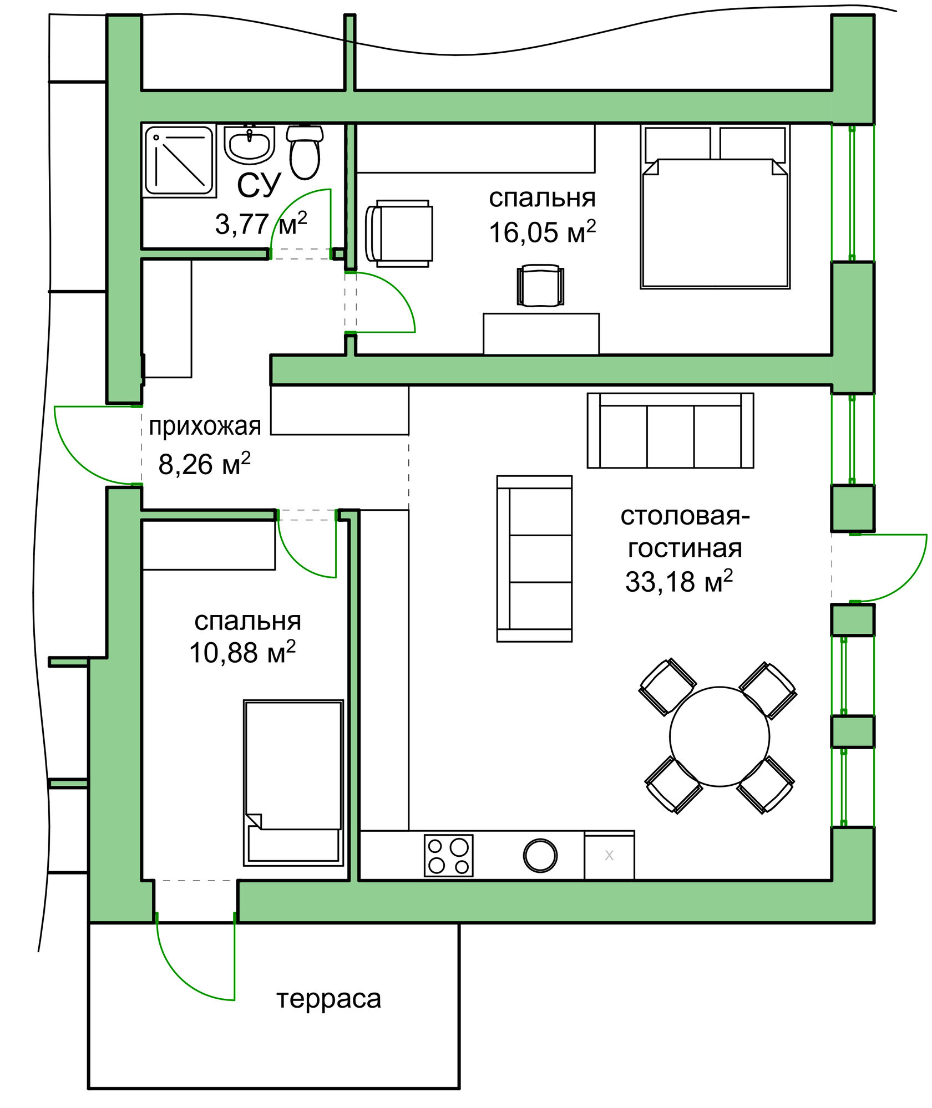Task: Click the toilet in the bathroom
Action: [x=305, y=151]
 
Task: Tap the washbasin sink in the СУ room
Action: [x=249, y=144]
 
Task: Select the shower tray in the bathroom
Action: [x=179, y=160]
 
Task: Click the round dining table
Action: [x=720, y=736]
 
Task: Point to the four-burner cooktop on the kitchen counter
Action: [x=449, y=856]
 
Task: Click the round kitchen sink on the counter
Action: [x=540, y=855]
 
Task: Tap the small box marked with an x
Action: [x=609, y=855]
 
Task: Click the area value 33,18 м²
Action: [x=679, y=581]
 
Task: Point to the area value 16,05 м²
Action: [x=542, y=231]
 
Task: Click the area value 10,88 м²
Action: [x=242, y=652]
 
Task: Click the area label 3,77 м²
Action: [x=261, y=223]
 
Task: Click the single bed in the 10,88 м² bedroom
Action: [x=293, y=782]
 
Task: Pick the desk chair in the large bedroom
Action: [x=540, y=286]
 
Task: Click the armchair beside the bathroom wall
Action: [x=399, y=233]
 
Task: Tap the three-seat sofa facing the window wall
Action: [x=670, y=430]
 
